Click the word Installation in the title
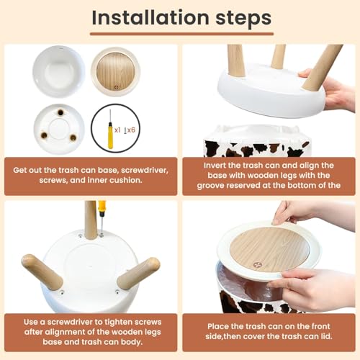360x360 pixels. point(150,17)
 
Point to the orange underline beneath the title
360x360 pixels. point(181,34)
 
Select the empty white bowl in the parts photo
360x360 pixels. point(59,71)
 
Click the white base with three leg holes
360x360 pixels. point(59,129)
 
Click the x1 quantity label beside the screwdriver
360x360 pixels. point(117,130)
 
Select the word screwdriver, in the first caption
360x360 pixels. point(145,170)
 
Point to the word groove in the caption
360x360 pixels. point(210,186)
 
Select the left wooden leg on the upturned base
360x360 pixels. point(42,271)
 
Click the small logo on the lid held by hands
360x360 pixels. point(257,265)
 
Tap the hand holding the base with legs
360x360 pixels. point(330,91)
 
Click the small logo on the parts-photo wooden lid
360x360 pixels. point(117,88)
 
